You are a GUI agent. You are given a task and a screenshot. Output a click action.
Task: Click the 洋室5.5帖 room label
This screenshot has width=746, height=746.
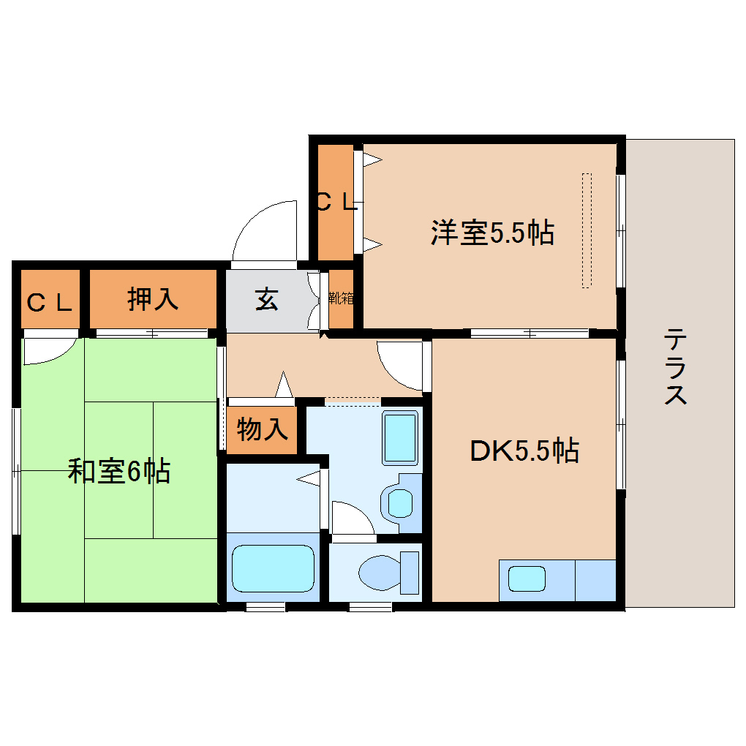[491, 233]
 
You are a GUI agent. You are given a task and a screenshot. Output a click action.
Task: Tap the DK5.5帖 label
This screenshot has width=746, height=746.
[524, 451]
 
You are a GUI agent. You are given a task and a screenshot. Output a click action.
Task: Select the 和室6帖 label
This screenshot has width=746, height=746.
[119, 471]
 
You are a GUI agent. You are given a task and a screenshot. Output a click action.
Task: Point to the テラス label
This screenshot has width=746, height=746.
[675, 367]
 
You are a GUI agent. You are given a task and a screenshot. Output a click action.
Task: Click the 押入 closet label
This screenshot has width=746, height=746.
[153, 299]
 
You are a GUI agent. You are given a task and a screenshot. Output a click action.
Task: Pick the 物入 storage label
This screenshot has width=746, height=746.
[263, 430]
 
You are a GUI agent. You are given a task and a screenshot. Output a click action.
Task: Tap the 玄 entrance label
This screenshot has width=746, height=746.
[267, 299]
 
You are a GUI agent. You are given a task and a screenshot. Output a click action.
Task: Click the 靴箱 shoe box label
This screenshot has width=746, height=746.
[341, 298]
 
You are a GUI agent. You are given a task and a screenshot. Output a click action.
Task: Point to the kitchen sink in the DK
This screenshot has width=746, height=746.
[527, 579]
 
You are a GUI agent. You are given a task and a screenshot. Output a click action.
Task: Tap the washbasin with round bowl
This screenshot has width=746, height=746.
[399, 503]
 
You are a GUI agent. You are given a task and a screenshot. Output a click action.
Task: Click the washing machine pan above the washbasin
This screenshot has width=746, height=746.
[400, 437]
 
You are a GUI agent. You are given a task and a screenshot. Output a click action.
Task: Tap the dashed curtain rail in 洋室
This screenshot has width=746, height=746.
[586, 230]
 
